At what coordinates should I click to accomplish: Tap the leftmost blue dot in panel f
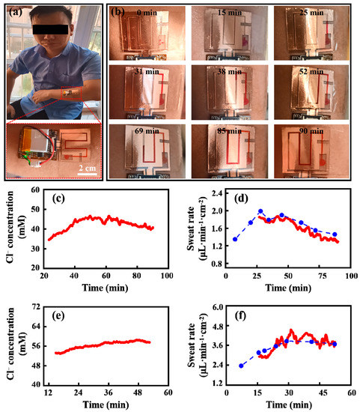[x=240, y=366]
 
